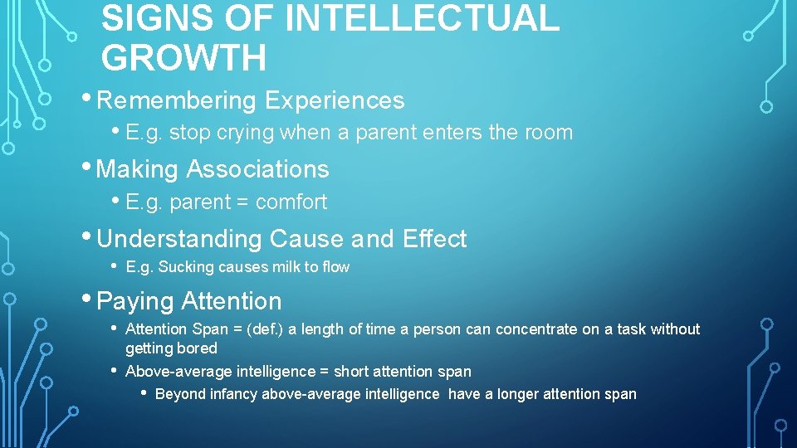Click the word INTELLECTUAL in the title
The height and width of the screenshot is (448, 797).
422,19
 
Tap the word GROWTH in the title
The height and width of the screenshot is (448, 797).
183,59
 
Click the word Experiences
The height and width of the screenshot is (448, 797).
335,100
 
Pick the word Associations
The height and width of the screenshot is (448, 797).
257,169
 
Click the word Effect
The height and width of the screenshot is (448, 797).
434,239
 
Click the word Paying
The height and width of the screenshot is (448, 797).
135,301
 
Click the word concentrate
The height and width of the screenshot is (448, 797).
535,329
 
